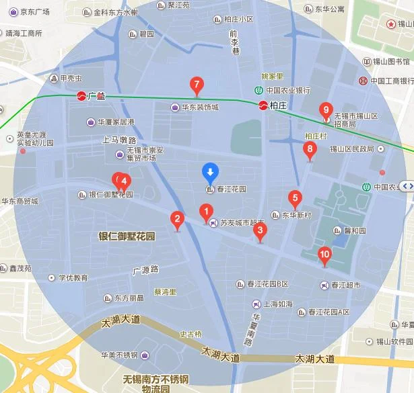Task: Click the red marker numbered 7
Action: [197, 85]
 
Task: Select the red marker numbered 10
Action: [324, 255]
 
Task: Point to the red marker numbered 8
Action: [310, 150]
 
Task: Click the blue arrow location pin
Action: [210, 173]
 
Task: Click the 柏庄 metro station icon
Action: [263, 105]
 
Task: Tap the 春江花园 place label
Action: [232, 189]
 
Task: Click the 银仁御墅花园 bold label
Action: [127, 236]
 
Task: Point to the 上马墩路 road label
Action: [119, 140]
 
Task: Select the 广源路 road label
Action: [145, 270]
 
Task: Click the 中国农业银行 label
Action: [287, 90]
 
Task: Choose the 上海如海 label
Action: [278, 304]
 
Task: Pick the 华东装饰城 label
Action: [200, 107]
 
